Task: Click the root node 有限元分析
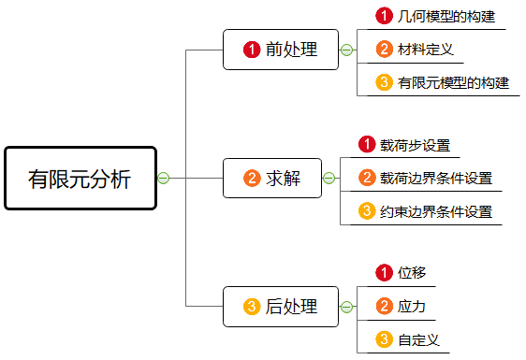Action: click(80, 178)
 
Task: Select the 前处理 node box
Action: click(280, 50)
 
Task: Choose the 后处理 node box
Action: click(280, 306)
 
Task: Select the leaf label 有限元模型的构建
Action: click(453, 82)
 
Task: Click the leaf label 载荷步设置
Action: click(415, 145)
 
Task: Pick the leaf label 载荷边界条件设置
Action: click(436, 178)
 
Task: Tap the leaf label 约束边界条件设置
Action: click(436, 210)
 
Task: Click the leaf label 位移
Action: click(412, 273)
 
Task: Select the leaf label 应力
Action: click(412, 306)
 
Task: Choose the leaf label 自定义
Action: click(418, 339)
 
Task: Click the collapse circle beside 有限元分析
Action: click(163, 178)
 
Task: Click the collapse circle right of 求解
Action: click(329, 178)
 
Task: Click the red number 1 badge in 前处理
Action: click(251, 50)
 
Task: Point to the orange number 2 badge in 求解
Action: click(251, 178)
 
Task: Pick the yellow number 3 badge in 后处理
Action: click(251, 306)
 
